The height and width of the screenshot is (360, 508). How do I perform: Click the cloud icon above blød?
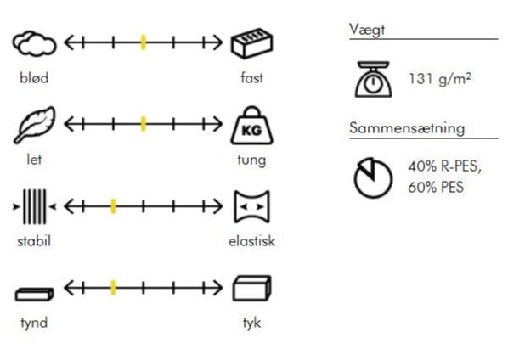34,43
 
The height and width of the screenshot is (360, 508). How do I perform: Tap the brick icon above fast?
252,43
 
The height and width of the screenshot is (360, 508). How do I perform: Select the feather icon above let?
35,125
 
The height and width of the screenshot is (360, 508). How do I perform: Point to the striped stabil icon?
34,206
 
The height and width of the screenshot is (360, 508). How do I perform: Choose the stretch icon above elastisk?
251,206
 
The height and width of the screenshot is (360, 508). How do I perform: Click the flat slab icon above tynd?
34,295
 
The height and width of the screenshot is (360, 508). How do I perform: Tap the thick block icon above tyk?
251,288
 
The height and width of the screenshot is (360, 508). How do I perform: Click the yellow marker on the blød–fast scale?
144,42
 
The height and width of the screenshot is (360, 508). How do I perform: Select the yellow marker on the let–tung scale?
144,124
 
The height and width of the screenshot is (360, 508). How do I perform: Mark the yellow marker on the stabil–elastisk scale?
113,206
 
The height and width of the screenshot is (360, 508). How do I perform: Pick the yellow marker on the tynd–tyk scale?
113,288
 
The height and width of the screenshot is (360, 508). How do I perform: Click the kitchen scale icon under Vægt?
373,79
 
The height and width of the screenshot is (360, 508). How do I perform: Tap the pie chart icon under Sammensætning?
373,177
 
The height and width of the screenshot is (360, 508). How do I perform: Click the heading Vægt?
367,30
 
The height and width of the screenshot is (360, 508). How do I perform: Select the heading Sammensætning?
407,128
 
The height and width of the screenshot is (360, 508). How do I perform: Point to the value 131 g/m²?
440,79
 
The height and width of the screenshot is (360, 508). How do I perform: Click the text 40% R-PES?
445,166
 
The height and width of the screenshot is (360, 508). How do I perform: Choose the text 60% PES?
436,187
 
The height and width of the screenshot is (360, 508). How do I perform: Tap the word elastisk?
252,241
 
